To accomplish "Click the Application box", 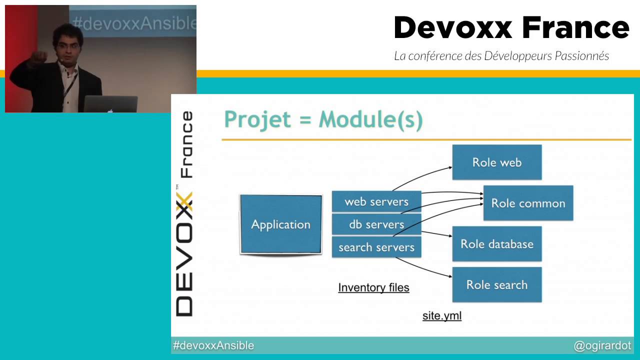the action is click(x=281, y=224).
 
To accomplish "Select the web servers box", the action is click(x=376, y=201).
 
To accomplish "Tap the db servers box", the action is click(x=376, y=224).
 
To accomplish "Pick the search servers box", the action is click(x=376, y=247).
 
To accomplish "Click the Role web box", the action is click(x=497, y=162).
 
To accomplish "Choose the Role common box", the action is click(x=528, y=203).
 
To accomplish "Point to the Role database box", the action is click(x=497, y=244).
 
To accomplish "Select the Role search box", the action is click(x=497, y=284).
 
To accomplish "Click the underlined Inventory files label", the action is click(x=373, y=287).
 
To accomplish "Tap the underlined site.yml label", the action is click(x=442, y=315).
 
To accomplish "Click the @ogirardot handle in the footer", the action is click(x=602, y=345).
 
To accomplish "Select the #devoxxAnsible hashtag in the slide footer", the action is click(x=213, y=345).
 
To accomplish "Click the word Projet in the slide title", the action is click(x=257, y=119).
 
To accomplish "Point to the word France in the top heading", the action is click(x=575, y=27).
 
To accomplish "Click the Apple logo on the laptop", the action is click(x=110, y=110).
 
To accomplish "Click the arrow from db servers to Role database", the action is click(x=436, y=233).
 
